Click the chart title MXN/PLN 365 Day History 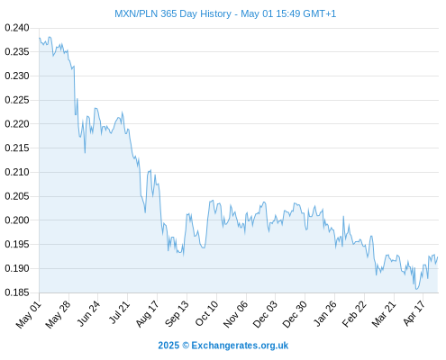coord(173,13)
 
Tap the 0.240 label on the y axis coord(17,28)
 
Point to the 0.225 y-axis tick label coord(17,100)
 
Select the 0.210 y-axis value coord(17,172)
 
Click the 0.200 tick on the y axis coord(17,220)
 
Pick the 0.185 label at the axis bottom coord(17,292)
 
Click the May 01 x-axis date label coord(29,314)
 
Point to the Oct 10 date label coord(207,313)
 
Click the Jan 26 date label coord(325,313)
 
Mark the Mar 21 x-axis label coord(384,313)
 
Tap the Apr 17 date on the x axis coord(414,312)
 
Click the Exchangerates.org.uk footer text coord(240,346)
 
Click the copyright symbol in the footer coord(186,346)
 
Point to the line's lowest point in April coord(416,289)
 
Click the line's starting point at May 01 coord(40,38)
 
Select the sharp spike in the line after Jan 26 coord(343,216)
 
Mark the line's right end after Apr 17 coord(438,256)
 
